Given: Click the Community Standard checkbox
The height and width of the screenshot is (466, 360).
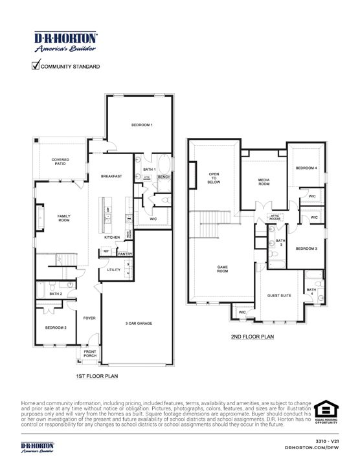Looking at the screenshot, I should [x=35, y=65].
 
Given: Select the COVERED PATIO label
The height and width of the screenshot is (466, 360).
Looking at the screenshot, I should [x=60, y=161].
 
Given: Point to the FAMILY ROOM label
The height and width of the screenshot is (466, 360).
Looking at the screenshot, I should [x=63, y=218].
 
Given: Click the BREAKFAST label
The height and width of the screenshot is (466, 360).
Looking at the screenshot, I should [x=111, y=176].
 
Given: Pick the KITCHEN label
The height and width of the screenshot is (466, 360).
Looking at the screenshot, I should [x=112, y=237].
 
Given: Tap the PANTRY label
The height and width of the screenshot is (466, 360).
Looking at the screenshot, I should [x=126, y=254].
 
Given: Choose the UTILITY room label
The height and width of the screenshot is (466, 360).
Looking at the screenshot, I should [x=113, y=269].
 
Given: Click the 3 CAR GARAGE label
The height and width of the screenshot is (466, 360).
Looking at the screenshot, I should [x=139, y=323].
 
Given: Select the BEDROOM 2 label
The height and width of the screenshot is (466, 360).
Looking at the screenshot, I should [x=55, y=327].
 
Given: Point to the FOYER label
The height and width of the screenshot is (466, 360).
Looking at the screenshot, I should [x=88, y=317].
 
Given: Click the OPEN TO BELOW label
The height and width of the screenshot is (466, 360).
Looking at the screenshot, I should [x=214, y=178].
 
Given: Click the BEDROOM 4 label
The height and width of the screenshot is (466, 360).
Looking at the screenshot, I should [x=306, y=168].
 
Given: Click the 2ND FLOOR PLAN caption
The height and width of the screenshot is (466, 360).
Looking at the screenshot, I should [x=252, y=337].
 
